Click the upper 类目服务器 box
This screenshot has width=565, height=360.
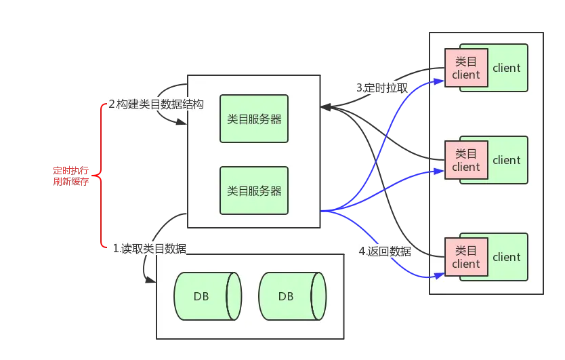[254, 119]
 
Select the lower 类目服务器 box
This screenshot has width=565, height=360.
[254, 191]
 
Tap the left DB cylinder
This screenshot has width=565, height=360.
[208, 296]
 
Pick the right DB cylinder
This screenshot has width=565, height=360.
[293, 296]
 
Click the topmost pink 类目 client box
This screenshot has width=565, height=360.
[466, 68]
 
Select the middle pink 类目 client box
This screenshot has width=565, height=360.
[466, 160]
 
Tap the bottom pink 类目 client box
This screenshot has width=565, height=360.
[466, 257]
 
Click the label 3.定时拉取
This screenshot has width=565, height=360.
[382, 87]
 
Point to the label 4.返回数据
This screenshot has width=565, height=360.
[385, 251]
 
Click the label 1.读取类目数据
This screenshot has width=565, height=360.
[150, 249]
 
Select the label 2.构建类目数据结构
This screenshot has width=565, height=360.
[156, 104]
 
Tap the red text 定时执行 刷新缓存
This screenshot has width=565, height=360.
[71, 176]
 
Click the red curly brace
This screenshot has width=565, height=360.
[96, 176]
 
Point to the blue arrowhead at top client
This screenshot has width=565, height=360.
[439, 81]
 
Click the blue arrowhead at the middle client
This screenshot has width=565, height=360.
[439, 172]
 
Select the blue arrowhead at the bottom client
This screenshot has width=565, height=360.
[439, 276]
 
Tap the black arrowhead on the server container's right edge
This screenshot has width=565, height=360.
[326, 107]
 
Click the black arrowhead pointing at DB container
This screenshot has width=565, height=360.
[150, 279]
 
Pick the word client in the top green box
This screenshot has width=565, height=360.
[507, 68]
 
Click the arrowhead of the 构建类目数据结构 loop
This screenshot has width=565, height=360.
[182, 121]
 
